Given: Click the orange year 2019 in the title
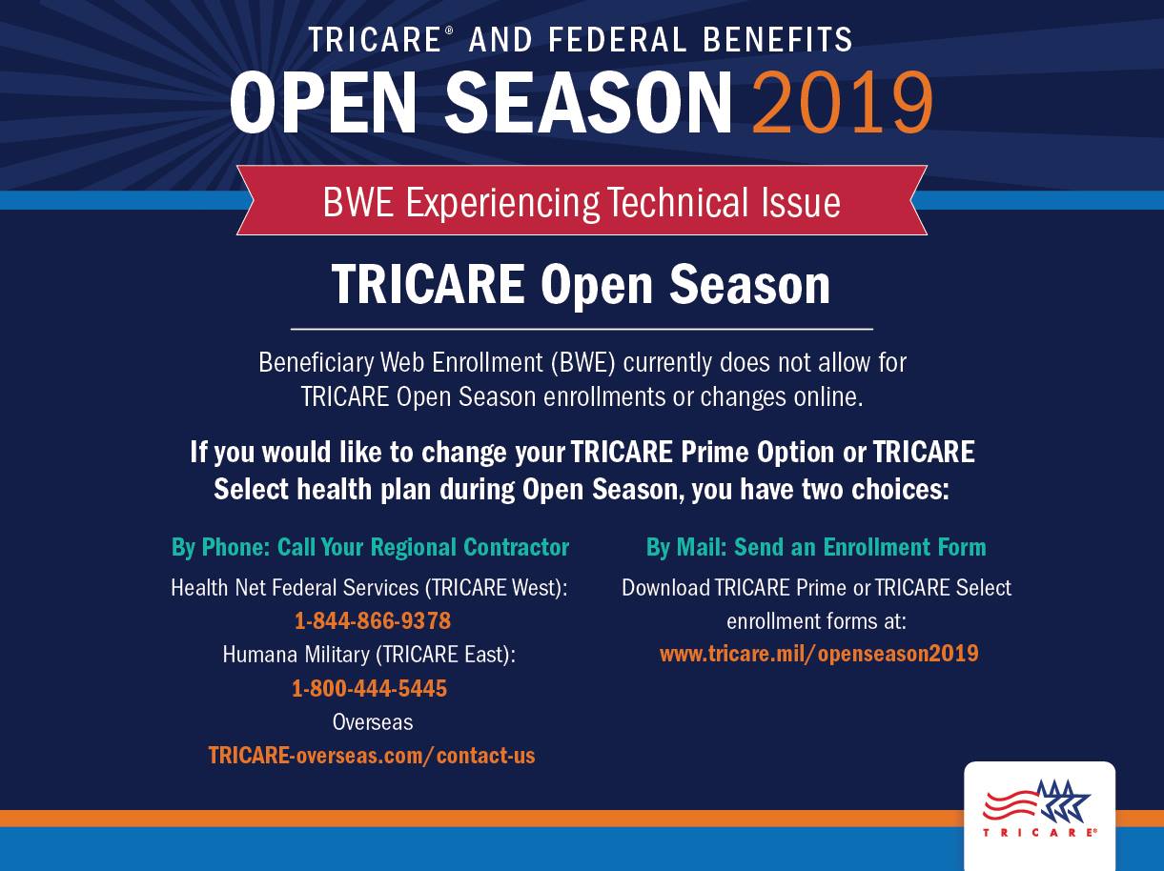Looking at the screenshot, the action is point(842,102).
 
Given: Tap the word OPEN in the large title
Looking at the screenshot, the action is point(323,102).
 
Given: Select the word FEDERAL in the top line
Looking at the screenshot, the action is point(617,40).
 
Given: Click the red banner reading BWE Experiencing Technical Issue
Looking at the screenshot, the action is point(582,200).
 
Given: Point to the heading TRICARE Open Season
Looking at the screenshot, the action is point(581,285).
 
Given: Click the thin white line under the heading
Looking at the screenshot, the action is point(582,329).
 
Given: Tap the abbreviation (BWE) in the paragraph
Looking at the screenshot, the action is point(582,363).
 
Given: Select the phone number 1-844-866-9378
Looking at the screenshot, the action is point(372,620).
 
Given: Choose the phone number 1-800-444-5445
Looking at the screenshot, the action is point(370,688).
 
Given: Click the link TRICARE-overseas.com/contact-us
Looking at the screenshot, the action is point(372,756).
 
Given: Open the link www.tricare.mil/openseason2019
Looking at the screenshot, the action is point(819,653).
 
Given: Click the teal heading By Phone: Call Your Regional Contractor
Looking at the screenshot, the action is point(370,548).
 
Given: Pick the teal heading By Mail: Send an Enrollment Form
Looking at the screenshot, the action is point(816,547).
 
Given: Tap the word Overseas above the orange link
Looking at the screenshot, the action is point(373,722).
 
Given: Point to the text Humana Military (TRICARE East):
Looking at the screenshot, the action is point(369,655).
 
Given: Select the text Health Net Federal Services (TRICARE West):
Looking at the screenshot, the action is point(369,588).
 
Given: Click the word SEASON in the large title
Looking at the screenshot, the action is point(588,102).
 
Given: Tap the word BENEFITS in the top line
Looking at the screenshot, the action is point(778,40).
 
